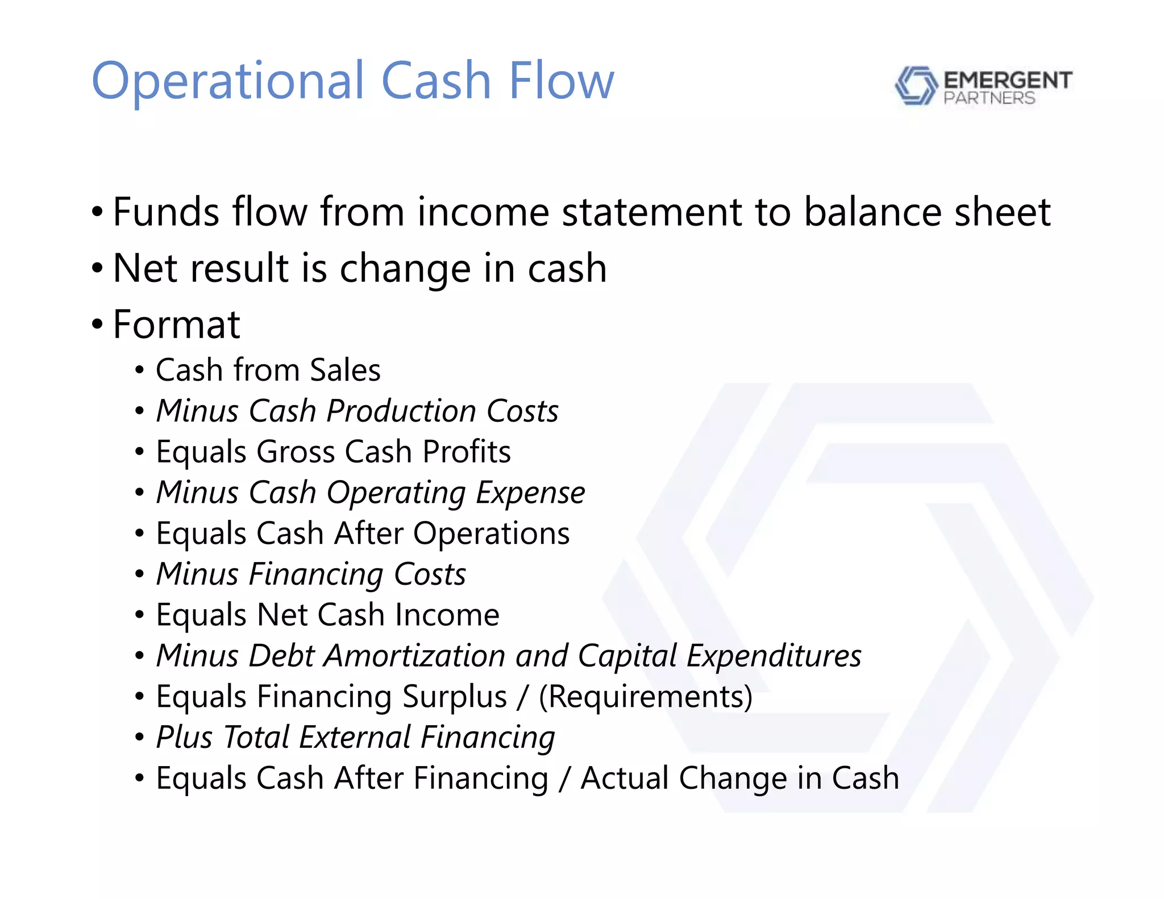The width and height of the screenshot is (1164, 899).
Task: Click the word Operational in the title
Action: [x=227, y=82]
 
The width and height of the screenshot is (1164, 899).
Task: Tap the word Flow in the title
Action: [x=561, y=81]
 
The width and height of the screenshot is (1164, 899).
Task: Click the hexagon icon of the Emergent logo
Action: [x=916, y=86]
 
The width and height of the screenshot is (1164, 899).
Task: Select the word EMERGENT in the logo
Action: [x=1008, y=80]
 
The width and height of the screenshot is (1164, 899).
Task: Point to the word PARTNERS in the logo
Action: [x=989, y=98]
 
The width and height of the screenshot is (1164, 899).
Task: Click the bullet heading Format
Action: [x=176, y=324]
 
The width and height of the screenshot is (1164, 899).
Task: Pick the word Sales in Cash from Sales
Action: [x=345, y=370]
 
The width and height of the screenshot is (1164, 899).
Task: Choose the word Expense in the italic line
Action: [x=530, y=493]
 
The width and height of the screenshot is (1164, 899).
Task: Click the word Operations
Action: [x=491, y=534]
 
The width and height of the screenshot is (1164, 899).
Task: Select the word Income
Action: [x=447, y=615]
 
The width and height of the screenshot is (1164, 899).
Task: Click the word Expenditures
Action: [x=774, y=656]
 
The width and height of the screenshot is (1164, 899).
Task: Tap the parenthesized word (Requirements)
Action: [x=645, y=697]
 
